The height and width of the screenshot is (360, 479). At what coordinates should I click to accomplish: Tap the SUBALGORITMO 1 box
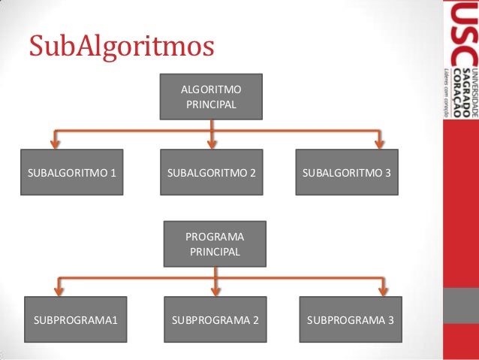click(x=71, y=172)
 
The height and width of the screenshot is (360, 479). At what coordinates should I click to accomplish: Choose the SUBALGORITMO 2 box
click(x=212, y=172)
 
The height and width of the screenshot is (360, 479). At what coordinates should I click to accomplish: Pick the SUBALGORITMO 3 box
click(x=347, y=172)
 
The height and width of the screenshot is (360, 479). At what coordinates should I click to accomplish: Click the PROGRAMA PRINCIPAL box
click(x=215, y=244)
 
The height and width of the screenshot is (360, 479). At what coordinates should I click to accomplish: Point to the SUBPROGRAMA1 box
click(x=75, y=320)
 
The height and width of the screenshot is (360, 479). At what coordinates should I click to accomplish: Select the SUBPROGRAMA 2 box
click(x=215, y=320)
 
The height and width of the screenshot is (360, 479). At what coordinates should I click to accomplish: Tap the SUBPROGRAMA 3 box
click(x=351, y=320)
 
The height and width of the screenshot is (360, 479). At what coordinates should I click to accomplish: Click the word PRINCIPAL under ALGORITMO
click(x=211, y=103)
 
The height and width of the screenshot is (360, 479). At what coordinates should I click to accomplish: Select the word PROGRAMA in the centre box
click(x=215, y=237)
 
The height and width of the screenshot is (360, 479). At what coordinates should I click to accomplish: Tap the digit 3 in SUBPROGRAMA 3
click(x=390, y=320)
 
